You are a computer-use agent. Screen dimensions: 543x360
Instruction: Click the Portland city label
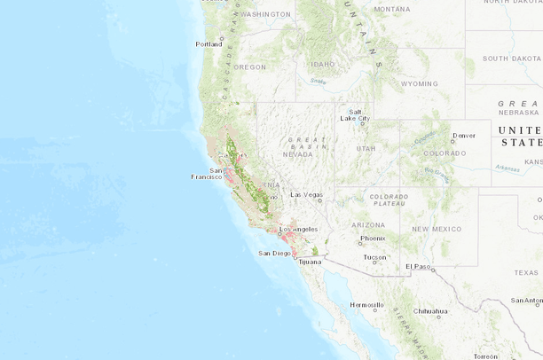[209, 43]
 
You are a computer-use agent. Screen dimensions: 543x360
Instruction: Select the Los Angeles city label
[298, 229]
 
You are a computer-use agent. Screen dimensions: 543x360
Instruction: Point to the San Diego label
[274, 253]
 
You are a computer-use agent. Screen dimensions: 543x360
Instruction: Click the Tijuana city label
[311, 262]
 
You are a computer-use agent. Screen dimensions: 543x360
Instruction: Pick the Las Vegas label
[307, 194]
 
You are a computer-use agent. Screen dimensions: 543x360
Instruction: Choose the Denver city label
[463, 136]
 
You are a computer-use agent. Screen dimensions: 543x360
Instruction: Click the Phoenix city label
[373, 238]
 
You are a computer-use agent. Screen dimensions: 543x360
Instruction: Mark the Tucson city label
[375, 257]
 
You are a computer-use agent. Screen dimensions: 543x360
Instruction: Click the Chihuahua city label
[430, 311]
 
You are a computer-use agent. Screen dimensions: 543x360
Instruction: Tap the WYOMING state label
[419, 83]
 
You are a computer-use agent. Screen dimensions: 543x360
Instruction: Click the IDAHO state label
[322, 64]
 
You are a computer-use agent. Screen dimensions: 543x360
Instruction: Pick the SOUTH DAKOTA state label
[511, 59]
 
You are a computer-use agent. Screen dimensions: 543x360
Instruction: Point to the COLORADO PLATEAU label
[389, 200]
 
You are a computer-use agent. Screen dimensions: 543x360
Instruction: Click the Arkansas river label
[508, 167]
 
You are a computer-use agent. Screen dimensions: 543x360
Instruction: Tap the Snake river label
[318, 82]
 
